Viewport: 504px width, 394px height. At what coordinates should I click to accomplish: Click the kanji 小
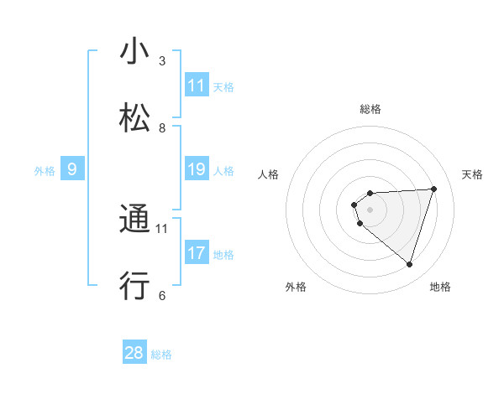pyautogui.click(x=134, y=52)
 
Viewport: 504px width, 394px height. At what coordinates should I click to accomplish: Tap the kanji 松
pyautogui.click(x=134, y=116)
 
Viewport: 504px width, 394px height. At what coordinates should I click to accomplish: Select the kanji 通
pyautogui.click(x=134, y=220)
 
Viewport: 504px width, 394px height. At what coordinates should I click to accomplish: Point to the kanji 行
pyautogui.click(x=134, y=286)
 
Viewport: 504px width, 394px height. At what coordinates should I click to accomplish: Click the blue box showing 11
pyautogui.click(x=197, y=86)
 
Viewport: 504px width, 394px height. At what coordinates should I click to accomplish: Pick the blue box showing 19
pyautogui.click(x=197, y=170)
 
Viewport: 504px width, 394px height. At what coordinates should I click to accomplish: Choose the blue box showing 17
pyautogui.click(x=197, y=253)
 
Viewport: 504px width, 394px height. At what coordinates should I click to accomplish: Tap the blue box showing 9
pyautogui.click(x=72, y=170)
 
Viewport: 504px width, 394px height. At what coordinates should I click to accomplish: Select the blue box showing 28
pyautogui.click(x=134, y=353)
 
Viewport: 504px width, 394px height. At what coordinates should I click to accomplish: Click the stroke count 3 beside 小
pyautogui.click(x=162, y=60)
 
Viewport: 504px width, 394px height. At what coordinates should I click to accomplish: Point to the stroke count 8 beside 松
pyautogui.click(x=162, y=128)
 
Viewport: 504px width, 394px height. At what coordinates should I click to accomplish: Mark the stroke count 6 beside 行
pyautogui.click(x=162, y=295)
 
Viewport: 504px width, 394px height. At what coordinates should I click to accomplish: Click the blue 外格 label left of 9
pyautogui.click(x=45, y=171)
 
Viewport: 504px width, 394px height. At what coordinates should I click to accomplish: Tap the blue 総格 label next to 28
pyautogui.click(x=161, y=355)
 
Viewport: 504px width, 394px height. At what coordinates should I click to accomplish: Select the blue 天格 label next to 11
pyautogui.click(x=223, y=86)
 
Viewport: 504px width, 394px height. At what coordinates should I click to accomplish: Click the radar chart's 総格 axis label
pyautogui.click(x=370, y=109)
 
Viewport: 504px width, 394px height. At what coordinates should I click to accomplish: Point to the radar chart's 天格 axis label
pyautogui.click(x=473, y=174)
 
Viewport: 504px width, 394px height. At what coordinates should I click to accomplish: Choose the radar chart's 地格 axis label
pyautogui.click(x=440, y=287)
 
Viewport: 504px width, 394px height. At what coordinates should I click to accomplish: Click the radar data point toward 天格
pyautogui.click(x=434, y=189)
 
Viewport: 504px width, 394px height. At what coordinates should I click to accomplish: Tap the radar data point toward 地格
pyautogui.click(x=409, y=264)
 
